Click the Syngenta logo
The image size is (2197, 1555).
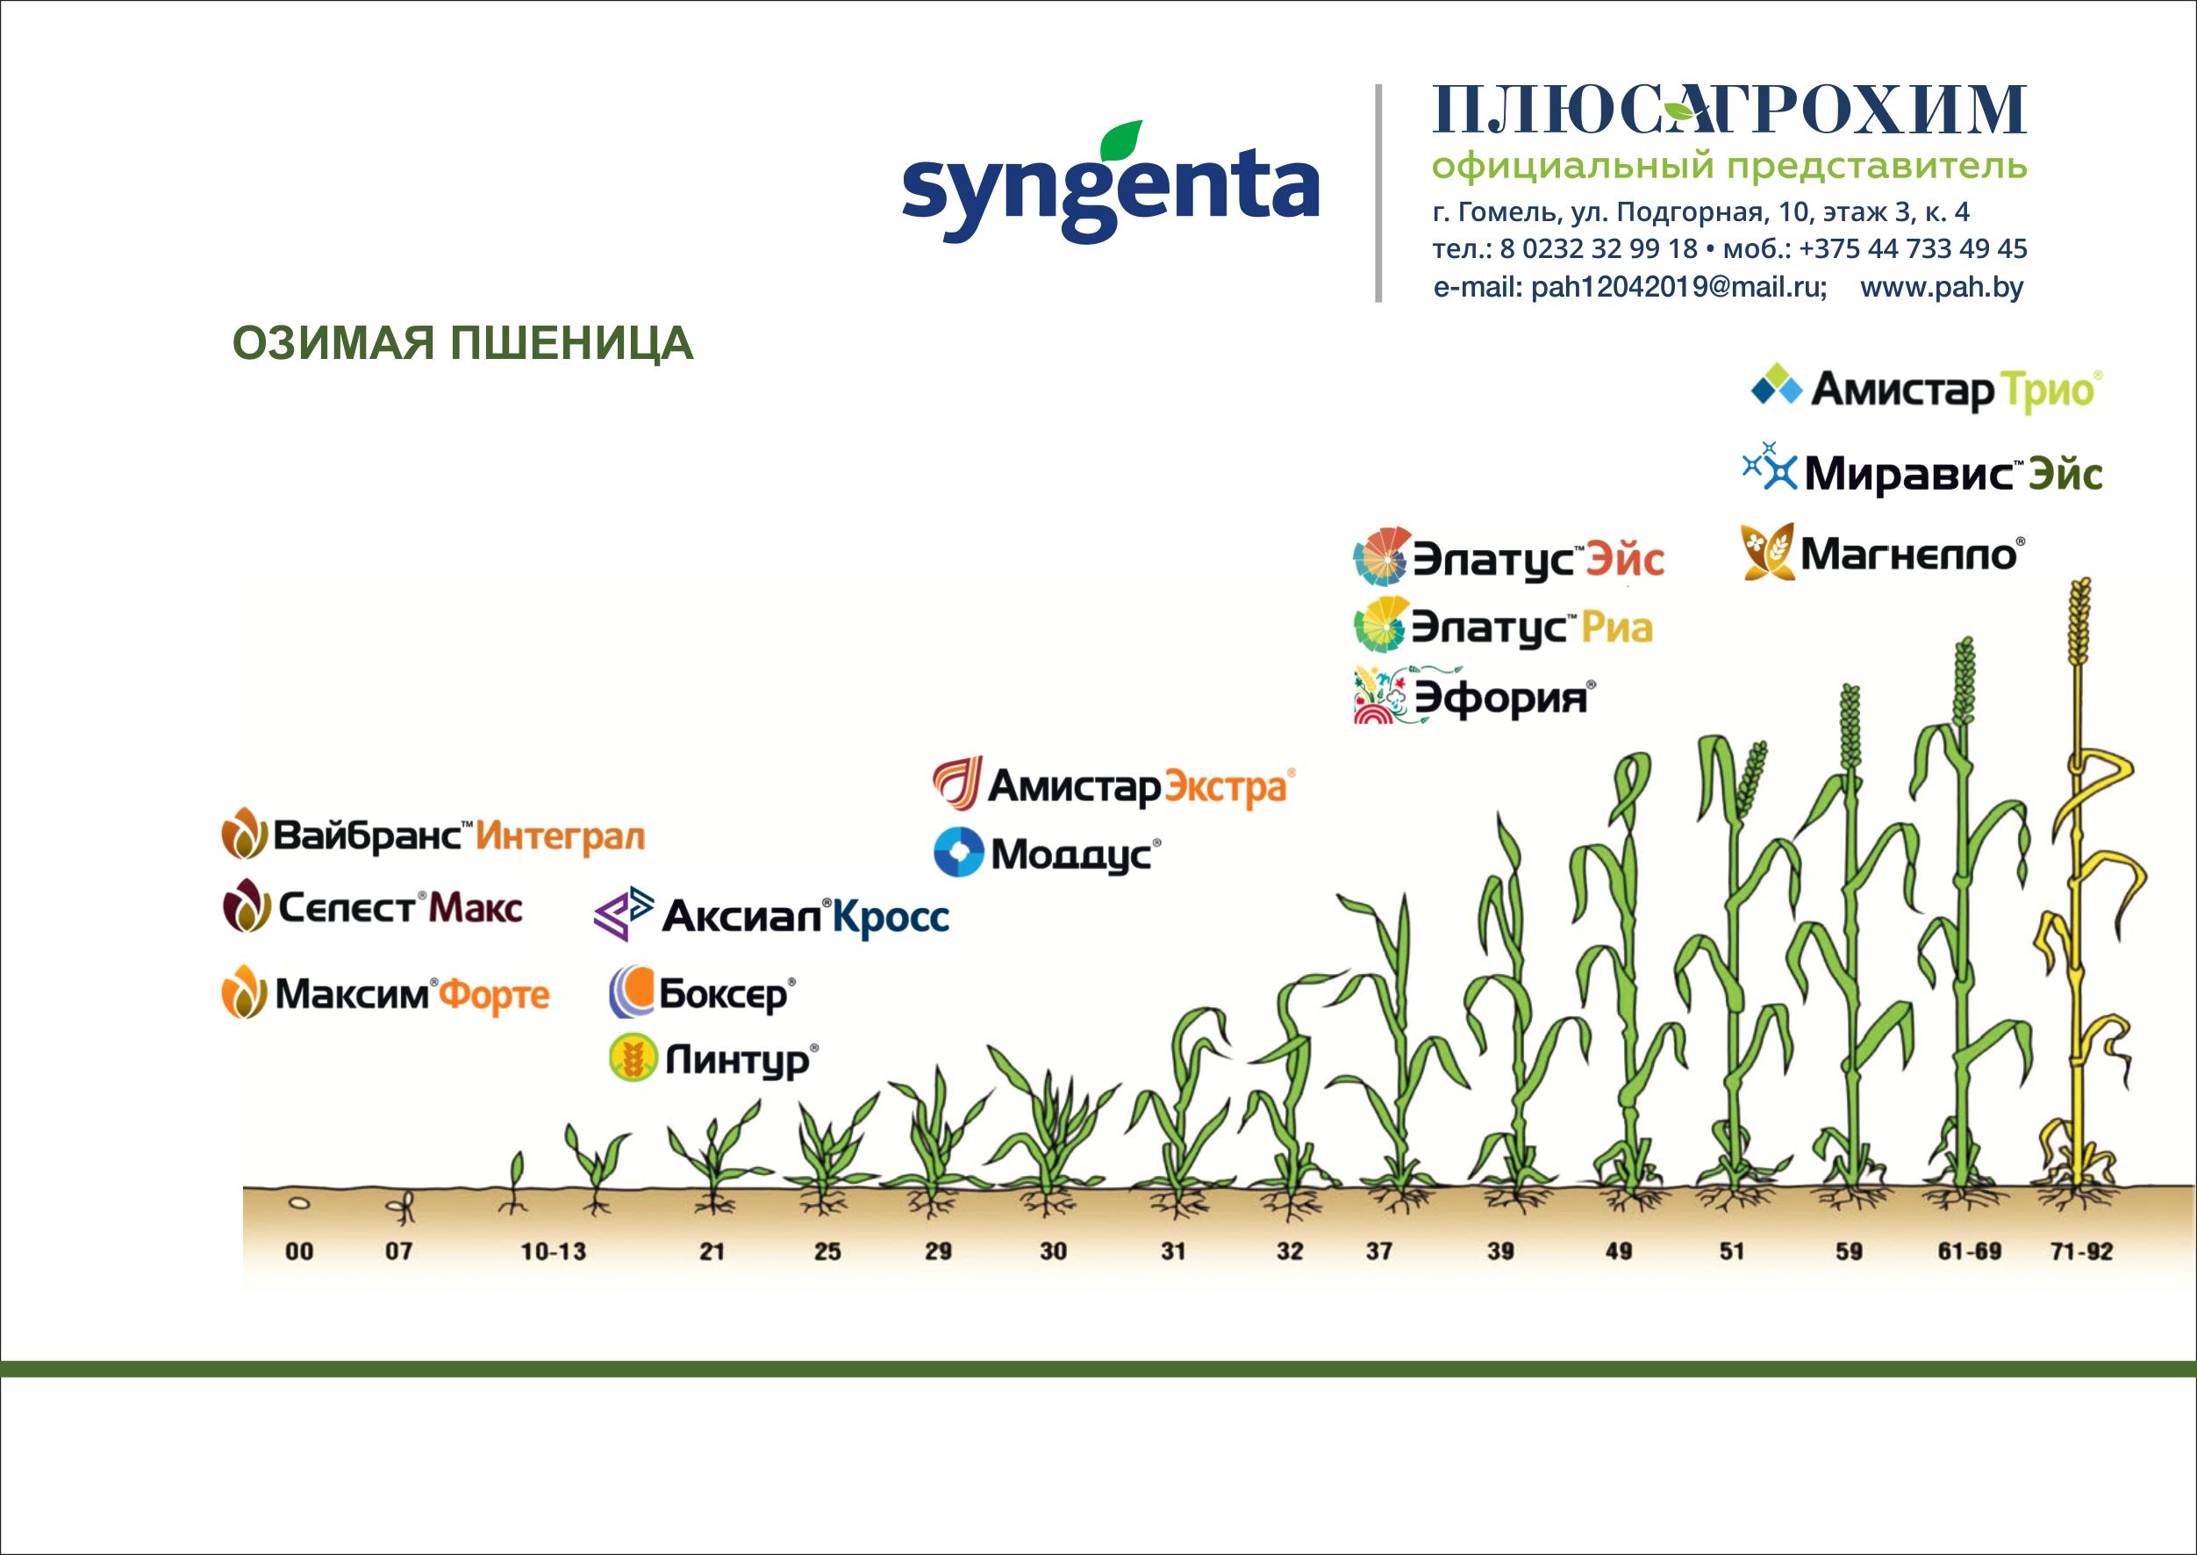click(x=1111, y=182)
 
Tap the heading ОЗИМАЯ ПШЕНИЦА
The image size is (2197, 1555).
click(x=463, y=344)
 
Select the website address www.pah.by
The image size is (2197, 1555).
click(x=1942, y=287)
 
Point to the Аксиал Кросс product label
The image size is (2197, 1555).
click(x=771, y=916)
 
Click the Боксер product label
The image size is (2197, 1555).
click(x=703, y=995)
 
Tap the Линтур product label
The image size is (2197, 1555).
click(x=714, y=1059)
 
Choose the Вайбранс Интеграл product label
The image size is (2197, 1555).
click(x=433, y=836)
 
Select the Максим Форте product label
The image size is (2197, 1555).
click(x=385, y=995)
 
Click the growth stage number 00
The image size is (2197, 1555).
click(x=300, y=1251)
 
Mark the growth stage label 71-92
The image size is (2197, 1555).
click(x=2081, y=1251)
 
